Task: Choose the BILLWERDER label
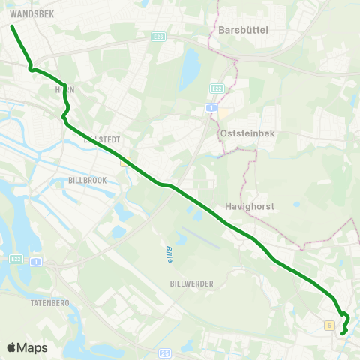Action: click(192, 283)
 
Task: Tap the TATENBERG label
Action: click(50, 302)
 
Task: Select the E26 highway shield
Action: click(158, 35)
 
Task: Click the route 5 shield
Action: click(329, 325)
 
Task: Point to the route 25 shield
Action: click(165, 352)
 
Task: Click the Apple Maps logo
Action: click(27, 347)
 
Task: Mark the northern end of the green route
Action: click(13, 27)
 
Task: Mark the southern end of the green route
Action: click(342, 333)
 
